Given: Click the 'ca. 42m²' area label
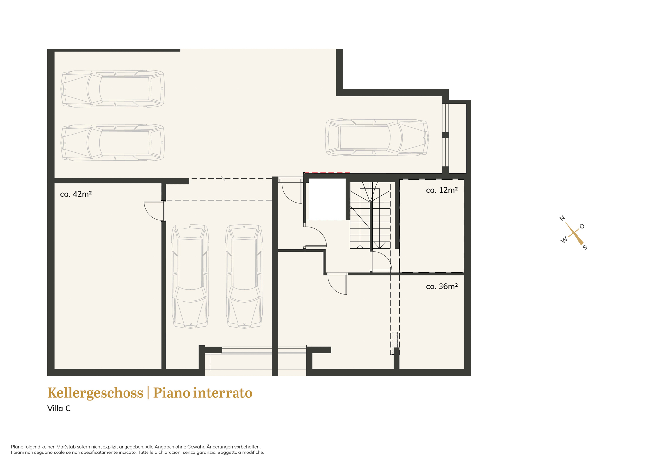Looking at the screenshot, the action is pyautogui.click(x=76, y=194).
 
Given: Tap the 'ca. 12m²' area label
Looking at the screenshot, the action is pyautogui.click(x=442, y=190).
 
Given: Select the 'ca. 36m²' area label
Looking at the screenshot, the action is pyautogui.click(x=442, y=286).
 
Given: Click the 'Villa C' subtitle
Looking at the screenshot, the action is pyautogui.click(x=59, y=408).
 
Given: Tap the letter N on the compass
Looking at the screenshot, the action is pyautogui.click(x=562, y=218).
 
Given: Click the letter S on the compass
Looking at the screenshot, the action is pyautogui.click(x=585, y=247).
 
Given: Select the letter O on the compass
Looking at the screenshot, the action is pyautogui.click(x=582, y=226).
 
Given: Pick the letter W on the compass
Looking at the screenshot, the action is pyautogui.click(x=564, y=240).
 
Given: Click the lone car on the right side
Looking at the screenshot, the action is pyautogui.click(x=377, y=137).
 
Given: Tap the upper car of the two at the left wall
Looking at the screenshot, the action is pyautogui.click(x=113, y=88).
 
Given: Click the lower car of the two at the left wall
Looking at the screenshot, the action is pyautogui.click(x=113, y=143).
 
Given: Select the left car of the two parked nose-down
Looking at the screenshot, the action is pyautogui.click(x=190, y=276).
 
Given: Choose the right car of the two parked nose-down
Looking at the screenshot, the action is pyautogui.click(x=244, y=276).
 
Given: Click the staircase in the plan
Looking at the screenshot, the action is pyautogui.click(x=370, y=215).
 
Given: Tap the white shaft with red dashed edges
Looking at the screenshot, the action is pyautogui.click(x=327, y=199).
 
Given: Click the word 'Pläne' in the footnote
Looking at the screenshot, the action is pyautogui.click(x=17, y=447).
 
